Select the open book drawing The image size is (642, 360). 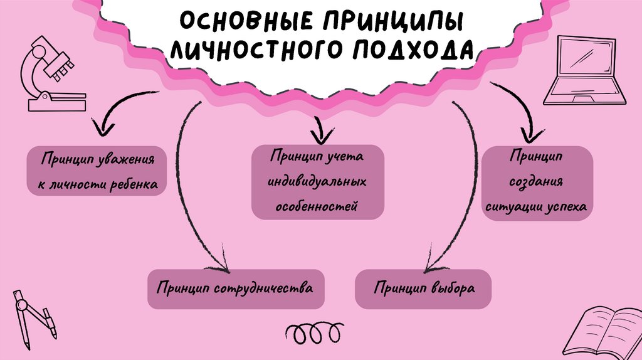pos(605,329)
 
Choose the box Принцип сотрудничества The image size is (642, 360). pos(236,289)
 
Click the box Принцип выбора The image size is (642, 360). pos(423,289)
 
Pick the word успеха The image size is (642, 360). pos(567,206)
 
